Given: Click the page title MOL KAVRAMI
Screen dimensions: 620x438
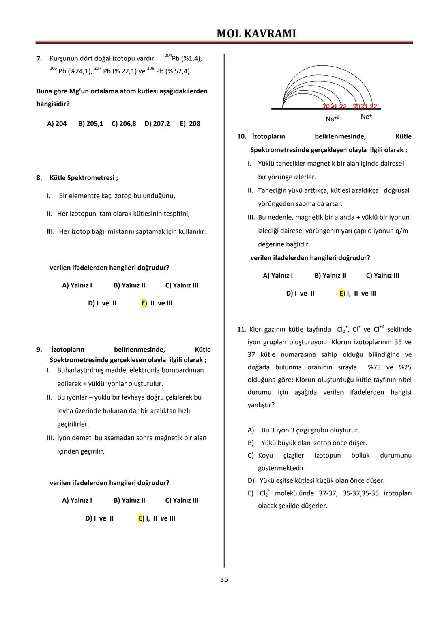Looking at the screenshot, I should click(x=256, y=33).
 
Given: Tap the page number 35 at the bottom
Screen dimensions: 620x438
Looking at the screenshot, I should click(x=224, y=579).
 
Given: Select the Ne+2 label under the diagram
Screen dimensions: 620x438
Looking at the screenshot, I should click(x=332, y=119).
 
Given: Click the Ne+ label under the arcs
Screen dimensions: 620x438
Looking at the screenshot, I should click(x=366, y=117).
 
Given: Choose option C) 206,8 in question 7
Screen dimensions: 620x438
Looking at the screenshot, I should click(x=124, y=123).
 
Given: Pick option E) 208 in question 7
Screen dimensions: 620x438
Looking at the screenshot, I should click(x=190, y=123).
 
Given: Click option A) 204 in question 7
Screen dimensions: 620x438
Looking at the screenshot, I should click(x=57, y=123).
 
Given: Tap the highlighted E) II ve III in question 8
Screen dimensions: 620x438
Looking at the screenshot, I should click(x=157, y=303).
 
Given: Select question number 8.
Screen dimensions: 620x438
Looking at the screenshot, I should click(x=39, y=178).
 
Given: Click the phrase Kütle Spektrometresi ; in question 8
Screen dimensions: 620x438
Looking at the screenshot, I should click(x=84, y=178).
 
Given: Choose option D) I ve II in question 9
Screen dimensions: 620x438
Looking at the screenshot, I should click(x=99, y=518).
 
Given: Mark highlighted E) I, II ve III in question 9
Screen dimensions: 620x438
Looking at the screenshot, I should click(x=157, y=518).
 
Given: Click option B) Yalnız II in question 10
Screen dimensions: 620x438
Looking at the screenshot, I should click(x=330, y=276).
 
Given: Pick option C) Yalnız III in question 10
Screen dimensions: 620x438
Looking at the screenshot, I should click(x=382, y=276).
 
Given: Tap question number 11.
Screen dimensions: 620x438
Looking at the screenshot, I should click(x=242, y=330).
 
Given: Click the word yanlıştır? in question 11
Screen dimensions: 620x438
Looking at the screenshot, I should click(x=261, y=405).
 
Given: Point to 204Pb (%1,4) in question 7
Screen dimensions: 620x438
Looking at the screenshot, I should click(x=183, y=58).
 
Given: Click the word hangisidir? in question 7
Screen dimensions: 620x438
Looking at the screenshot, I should click(x=53, y=104).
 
